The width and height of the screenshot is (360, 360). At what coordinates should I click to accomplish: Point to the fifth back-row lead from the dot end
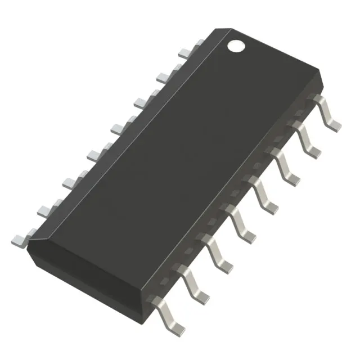pyautogui.click(x=94, y=154)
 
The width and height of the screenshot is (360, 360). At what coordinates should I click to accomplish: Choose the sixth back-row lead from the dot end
pyautogui.click(x=71, y=181)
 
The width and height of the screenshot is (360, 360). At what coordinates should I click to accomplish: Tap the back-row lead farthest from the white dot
pyautogui.click(x=20, y=240)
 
